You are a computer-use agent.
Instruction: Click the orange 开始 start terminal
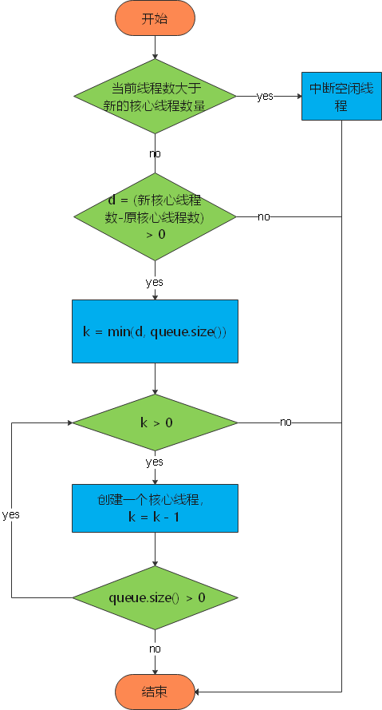[155, 19]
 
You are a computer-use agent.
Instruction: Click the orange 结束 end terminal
[155, 692]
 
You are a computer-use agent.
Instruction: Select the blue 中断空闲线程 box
[341, 97]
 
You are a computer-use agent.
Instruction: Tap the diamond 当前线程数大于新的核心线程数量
[155, 97]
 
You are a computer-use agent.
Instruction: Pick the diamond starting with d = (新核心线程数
[155, 216]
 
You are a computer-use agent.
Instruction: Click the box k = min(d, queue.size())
[155, 331]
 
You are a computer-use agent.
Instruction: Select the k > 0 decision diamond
[155, 422]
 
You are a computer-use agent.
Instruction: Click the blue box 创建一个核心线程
[155, 509]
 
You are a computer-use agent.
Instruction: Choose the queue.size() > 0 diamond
[155, 597]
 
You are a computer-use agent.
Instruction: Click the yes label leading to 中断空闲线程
[265, 97]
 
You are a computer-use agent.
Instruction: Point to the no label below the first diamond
[155, 153]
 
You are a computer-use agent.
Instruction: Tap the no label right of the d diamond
[263, 217]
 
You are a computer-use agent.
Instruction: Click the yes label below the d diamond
[155, 283]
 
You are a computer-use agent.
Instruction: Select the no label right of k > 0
[286, 422]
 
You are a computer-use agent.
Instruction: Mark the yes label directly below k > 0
[155, 462]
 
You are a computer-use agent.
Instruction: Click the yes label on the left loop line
[11, 514]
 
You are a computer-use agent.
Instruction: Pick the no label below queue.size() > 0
[155, 649]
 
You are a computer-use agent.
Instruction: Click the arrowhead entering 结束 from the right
[199, 692]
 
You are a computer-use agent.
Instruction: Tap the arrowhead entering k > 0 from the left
[68, 422]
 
